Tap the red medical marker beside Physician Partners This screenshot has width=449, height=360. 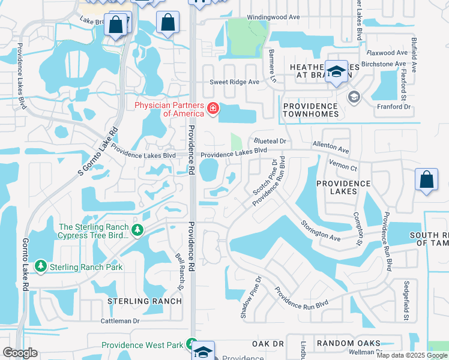coord(212,109)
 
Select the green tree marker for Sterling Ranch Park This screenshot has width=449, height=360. coord(41,266)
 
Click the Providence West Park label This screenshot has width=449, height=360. coord(142,345)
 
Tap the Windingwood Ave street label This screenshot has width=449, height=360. coord(273,17)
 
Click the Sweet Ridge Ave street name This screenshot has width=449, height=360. coord(234,82)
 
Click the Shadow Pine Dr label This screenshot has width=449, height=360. coord(252,297)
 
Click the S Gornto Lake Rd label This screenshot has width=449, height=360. coord(96,152)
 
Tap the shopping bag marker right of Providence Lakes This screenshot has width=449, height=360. coord(426,181)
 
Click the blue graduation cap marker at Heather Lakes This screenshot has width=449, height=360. coord(337,73)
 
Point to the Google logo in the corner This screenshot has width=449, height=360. coord(20,353)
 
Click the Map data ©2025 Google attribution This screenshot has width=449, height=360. coord(412,355)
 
